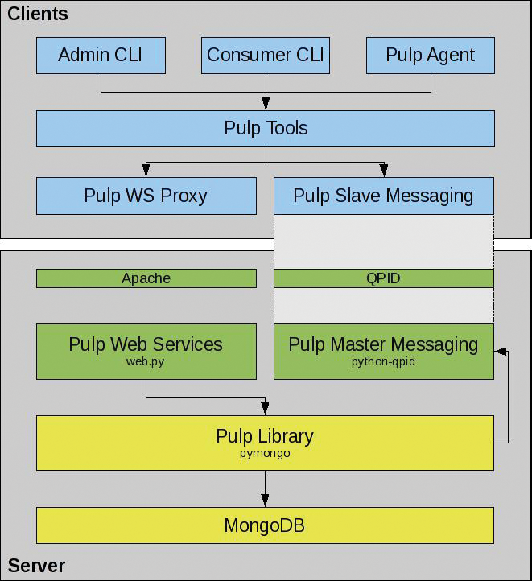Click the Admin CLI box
101,56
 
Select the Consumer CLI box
266,56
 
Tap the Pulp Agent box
430,56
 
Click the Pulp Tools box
266,129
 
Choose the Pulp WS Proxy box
146,196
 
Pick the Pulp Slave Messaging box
383,196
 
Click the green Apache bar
146,278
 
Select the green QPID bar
383,278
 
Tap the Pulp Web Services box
146,351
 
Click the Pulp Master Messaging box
383,351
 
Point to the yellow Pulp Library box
265,443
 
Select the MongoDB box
265,526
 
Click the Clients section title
37,14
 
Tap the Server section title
36,566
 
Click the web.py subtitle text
146,362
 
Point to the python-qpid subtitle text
383,362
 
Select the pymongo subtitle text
265,454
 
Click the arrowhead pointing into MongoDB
265,501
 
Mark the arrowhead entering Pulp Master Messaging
501,352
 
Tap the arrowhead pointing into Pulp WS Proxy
146,171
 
